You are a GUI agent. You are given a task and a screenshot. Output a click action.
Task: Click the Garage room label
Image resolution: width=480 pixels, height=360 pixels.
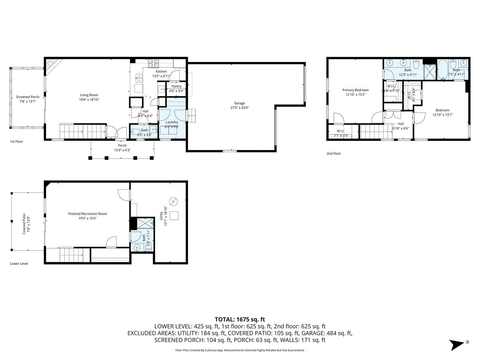(x=240, y=103)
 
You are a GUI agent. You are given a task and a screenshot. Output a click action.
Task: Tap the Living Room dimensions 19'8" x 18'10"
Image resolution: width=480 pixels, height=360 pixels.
(x=89, y=100)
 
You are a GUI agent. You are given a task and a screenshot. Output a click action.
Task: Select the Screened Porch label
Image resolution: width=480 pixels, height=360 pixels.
(x=28, y=97)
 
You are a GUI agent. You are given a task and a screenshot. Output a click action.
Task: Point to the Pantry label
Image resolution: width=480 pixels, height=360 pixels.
(x=176, y=86)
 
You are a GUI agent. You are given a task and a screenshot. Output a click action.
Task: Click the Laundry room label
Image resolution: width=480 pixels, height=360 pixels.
(x=172, y=122)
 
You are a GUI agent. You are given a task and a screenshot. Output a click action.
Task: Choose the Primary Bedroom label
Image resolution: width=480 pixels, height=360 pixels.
(x=355, y=90)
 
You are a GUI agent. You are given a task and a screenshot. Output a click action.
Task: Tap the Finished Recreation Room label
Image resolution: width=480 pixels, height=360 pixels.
(x=87, y=214)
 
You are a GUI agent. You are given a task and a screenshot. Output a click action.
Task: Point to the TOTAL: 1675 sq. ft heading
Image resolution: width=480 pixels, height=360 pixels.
(x=240, y=319)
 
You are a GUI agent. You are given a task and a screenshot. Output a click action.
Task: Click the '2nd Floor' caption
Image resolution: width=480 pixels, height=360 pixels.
(x=334, y=153)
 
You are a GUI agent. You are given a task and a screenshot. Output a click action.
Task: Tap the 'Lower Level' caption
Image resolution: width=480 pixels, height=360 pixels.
(x=19, y=264)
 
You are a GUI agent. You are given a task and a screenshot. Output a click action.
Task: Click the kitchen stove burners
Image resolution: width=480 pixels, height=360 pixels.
(x=154, y=62)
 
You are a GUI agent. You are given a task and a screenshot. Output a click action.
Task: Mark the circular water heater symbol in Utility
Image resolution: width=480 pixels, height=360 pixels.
(x=173, y=201)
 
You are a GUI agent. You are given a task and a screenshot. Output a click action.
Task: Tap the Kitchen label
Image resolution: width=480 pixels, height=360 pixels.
(x=161, y=71)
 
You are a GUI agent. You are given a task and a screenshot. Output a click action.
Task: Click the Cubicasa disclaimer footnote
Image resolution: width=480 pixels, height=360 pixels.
(x=240, y=350)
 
